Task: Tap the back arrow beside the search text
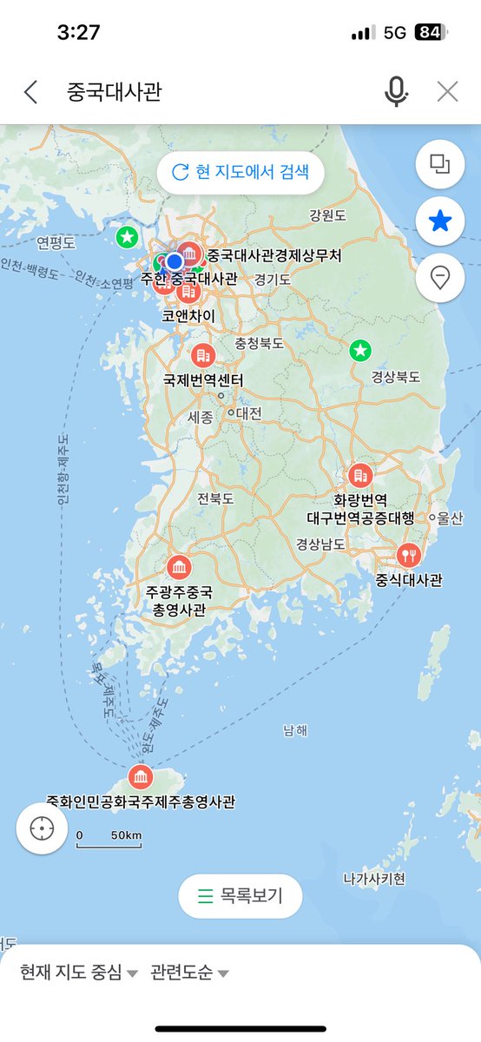coord(31,92)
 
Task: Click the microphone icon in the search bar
coord(396,92)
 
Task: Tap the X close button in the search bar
coord(447,92)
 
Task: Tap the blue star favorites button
coord(440,221)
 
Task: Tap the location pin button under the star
coord(440,278)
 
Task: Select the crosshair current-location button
coord(42,828)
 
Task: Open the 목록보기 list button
coord(240,896)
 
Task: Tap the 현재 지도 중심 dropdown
coord(79,973)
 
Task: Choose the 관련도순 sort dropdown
coord(189,973)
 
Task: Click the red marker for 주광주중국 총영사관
coord(179,569)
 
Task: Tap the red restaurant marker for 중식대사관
coord(408,554)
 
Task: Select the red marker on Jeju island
coord(140,776)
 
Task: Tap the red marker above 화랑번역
coord(359,475)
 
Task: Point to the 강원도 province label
coord(327,214)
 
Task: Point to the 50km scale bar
coord(109,840)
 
